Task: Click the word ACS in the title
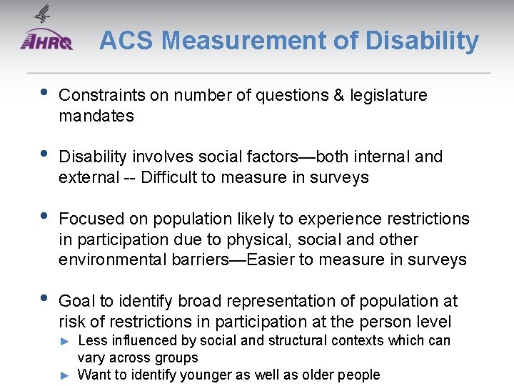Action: [126, 41]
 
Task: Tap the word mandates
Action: [96, 116]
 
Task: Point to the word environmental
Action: [112, 259]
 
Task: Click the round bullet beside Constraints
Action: [44, 94]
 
